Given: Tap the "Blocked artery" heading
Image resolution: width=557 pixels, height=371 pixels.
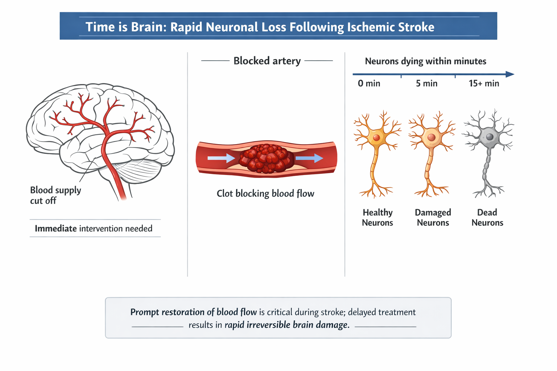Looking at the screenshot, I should click(267, 61).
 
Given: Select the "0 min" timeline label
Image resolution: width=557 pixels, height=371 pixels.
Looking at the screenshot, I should click(369, 84).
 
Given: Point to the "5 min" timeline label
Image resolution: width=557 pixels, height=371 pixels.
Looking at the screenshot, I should click(426, 84).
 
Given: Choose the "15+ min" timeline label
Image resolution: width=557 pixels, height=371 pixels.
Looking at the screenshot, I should click(484, 84).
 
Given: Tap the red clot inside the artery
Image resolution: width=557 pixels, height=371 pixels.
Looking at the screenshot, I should click(267, 158).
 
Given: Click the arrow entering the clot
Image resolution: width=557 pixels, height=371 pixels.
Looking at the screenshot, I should click(221, 158).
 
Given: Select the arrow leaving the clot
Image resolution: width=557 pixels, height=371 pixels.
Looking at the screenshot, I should click(309, 158).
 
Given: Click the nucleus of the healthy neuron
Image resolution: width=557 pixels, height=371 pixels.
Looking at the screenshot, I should click(376, 138).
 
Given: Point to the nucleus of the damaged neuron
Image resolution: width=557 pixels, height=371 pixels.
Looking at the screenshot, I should click(431, 137).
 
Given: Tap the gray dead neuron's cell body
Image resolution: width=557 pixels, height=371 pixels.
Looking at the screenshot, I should click(488, 137).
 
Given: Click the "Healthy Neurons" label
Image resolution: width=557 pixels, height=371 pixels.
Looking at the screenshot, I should click(377, 217).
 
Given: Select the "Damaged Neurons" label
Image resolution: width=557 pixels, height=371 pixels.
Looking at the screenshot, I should click(433, 217).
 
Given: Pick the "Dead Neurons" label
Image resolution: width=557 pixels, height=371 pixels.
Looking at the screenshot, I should click(487, 217).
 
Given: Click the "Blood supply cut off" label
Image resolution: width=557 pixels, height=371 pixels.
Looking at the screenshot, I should click(55, 195).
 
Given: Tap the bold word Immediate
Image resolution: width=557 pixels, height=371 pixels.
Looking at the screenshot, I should click(55, 229).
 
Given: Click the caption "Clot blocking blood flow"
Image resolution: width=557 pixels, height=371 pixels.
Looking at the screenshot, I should click(265, 193).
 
